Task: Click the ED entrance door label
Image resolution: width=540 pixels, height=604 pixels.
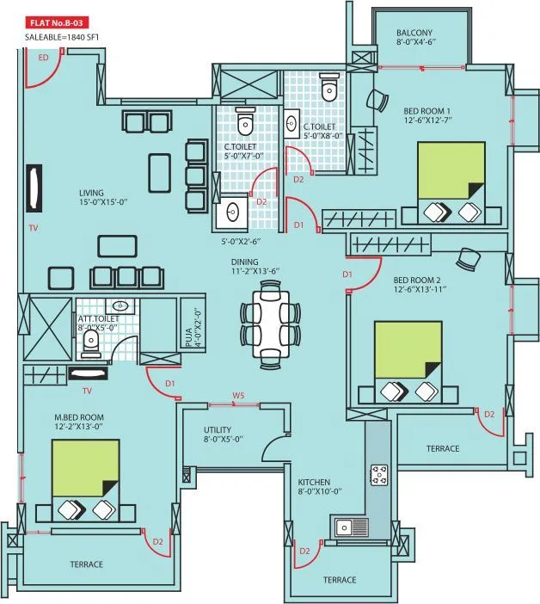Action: point(44,58)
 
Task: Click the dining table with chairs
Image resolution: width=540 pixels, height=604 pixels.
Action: point(270,323)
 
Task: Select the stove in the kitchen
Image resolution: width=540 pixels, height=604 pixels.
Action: point(378,474)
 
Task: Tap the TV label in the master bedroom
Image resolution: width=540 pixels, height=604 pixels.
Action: point(86,391)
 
